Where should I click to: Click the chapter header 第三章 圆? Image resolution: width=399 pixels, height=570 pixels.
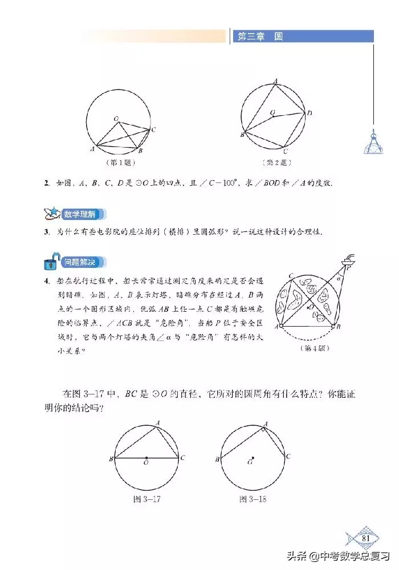tap(260, 36)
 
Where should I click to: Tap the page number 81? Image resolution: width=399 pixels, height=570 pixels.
tap(366, 538)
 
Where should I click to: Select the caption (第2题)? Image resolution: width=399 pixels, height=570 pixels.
tap(276, 162)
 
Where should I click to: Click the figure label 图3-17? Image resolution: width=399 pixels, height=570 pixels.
tap(144, 499)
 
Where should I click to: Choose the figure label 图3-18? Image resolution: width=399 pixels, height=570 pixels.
tap(253, 499)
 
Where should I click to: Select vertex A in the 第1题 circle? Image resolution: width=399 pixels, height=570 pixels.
tap(92, 149)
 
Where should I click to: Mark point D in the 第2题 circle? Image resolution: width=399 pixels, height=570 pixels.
tap(308, 113)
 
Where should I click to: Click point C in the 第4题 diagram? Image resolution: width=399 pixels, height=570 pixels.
tap(291, 276)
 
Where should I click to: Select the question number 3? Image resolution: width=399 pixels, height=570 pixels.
tap(47, 233)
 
